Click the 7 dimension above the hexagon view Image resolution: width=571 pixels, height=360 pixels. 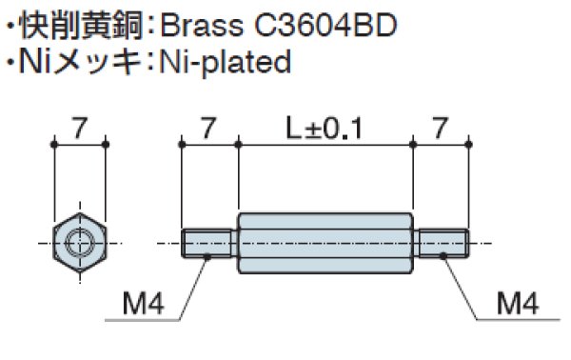tap(80, 124)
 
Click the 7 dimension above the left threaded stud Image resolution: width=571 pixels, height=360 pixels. tap(208, 124)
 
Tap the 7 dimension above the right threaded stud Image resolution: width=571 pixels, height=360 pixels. tap(440, 124)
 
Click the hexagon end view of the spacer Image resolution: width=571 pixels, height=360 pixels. tap(80, 244)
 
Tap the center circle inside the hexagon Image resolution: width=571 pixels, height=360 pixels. tap(81, 244)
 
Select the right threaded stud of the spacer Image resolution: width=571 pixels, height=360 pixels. tap(440, 244)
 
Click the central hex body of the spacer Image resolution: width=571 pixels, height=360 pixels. tap(325, 244)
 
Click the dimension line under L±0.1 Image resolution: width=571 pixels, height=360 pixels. tap(325, 144)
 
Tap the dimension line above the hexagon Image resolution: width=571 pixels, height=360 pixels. tap(80, 144)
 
